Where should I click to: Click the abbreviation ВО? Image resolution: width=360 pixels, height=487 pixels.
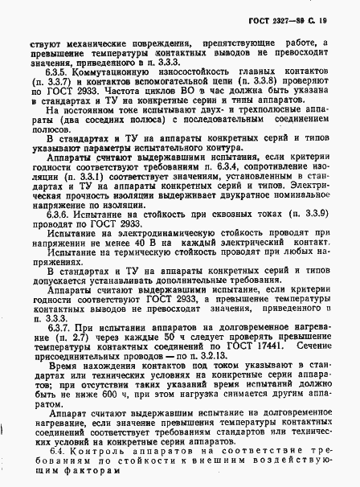pos(168,92)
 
